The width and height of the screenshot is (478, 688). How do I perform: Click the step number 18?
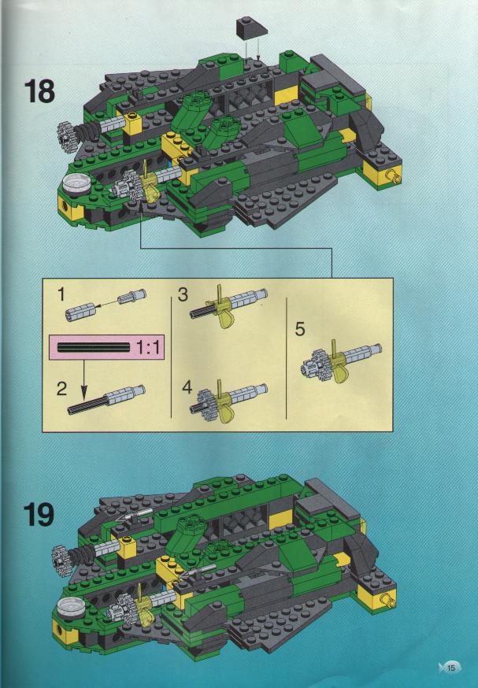tap(39, 91)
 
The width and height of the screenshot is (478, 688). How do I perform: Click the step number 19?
tap(39, 514)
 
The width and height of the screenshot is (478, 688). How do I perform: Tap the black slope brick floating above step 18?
tap(251, 30)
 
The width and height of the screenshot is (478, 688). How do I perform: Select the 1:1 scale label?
tap(147, 348)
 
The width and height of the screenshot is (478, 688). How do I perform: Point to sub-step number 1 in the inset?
tap(61, 294)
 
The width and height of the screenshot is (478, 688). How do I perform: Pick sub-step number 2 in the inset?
tap(62, 388)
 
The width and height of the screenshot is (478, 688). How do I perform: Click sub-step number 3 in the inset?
tap(183, 294)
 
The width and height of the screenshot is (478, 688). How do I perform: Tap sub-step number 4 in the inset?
tap(187, 387)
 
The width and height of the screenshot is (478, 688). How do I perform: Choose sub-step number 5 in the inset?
tap(300, 328)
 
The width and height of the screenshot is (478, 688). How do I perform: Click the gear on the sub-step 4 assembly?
tap(205, 401)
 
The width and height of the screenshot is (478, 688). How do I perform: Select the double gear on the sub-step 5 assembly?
tap(315, 363)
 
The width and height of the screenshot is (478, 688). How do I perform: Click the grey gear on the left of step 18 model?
tap(66, 132)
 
